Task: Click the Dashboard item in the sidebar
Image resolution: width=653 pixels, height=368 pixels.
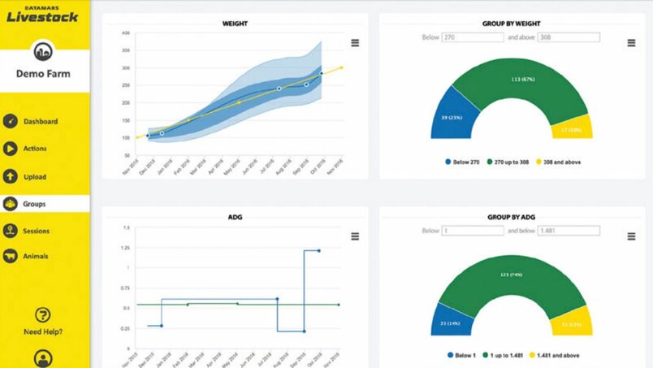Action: (40, 122)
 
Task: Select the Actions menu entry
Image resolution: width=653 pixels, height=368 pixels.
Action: (34, 149)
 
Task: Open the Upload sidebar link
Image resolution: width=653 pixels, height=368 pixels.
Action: (34, 176)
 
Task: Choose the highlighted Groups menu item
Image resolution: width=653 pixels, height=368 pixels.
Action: (34, 204)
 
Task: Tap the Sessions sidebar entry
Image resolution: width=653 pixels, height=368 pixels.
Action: (37, 231)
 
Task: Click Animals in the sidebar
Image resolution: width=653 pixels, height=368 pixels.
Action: (35, 257)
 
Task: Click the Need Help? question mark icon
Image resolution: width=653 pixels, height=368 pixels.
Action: (43, 315)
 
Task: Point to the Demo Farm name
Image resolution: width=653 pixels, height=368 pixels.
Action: (43, 74)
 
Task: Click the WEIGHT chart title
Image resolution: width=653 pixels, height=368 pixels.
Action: (236, 24)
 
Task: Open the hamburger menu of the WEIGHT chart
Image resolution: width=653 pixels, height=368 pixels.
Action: (355, 43)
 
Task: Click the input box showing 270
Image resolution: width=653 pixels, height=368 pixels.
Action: (472, 37)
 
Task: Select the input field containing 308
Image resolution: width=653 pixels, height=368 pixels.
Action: (568, 37)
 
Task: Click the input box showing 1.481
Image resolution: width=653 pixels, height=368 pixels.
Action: (568, 231)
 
